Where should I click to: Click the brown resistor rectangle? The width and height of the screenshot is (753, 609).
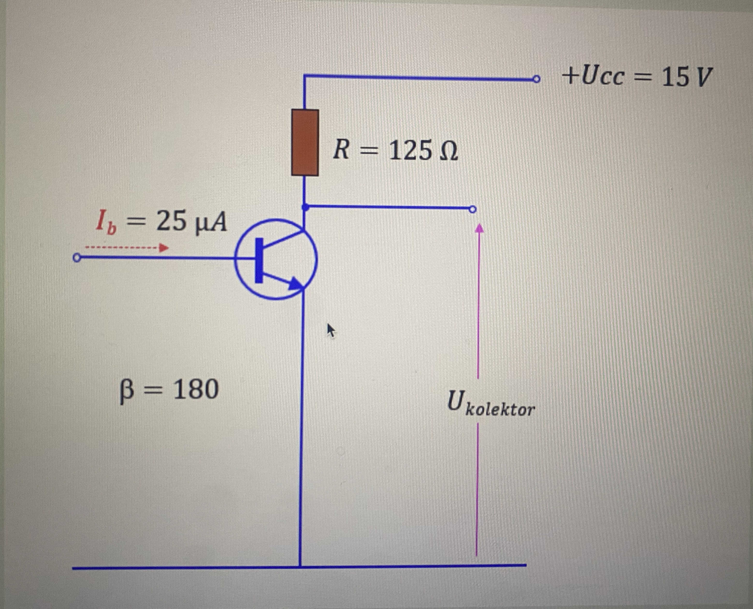(x=305, y=143)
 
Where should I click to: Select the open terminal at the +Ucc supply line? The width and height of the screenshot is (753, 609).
(x=536, y=79)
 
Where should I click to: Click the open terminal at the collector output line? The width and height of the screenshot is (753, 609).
(x=473, y=209)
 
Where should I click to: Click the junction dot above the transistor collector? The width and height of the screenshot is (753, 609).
(x=305, y=207)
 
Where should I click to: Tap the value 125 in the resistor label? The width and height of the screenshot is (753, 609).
(x=411, y=150)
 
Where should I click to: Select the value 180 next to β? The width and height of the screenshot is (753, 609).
(x=196, y=389)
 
